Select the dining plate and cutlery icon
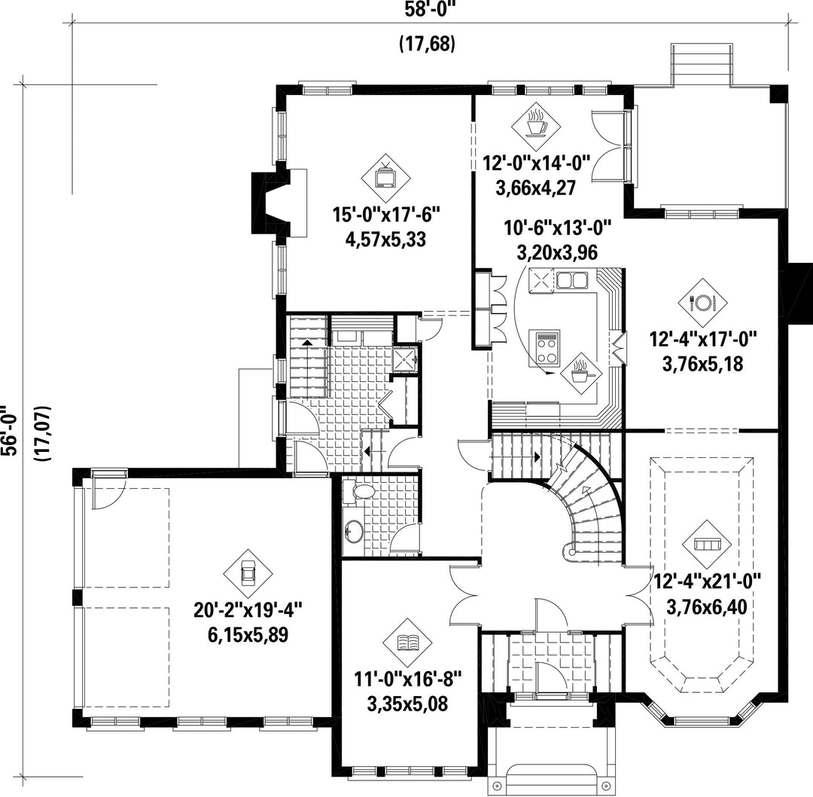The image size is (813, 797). click(702, 303)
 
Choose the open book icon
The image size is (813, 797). click(407, 643)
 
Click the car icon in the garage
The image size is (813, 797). click(248, 573)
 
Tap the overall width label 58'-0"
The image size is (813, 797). click(432, 9)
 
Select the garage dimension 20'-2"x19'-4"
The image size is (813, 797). click(248, 609)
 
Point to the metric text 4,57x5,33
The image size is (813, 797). click(385, 240)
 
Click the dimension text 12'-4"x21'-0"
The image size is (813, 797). click(706, 581)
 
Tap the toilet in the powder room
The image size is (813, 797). click(361, 491)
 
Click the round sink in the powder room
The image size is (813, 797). click(354, 531)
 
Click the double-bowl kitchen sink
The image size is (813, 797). click(572, 281)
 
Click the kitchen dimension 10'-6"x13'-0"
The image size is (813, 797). click(558, 227)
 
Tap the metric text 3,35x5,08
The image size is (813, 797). click(407, 704)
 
